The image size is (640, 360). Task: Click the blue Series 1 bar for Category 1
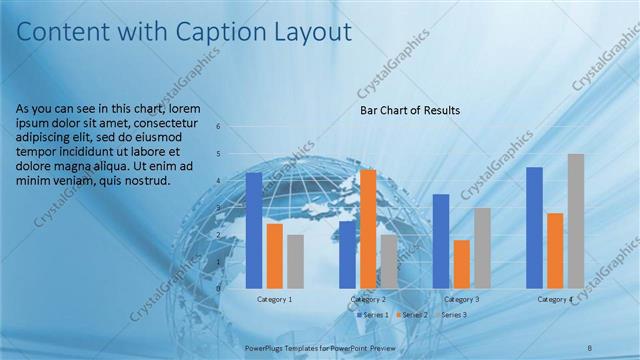point(254,230)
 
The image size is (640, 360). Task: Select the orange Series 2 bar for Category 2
point(368,229)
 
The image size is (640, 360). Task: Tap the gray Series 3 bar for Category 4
point(576,221)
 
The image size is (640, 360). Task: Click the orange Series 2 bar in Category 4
point(555,250)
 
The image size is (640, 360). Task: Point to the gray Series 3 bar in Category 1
point(294,261)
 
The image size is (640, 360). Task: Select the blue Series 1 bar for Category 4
point(534,227)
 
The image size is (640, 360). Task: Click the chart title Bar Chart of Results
point(410,110)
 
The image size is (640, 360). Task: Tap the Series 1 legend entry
point(372,315)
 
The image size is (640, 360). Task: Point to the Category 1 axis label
point(274,299)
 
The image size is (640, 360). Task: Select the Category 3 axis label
point(461,299)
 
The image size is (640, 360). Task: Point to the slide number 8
point(590,347)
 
